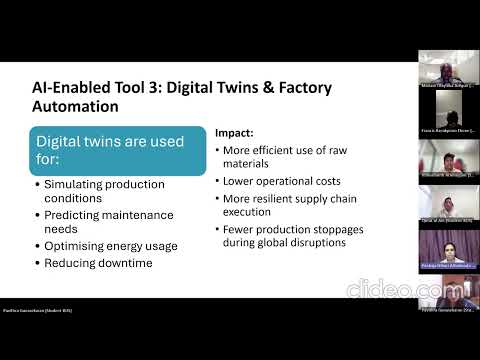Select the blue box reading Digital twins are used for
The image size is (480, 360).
click(x=119, y=151)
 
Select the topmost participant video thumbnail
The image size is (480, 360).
click(x=446, y=71)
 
